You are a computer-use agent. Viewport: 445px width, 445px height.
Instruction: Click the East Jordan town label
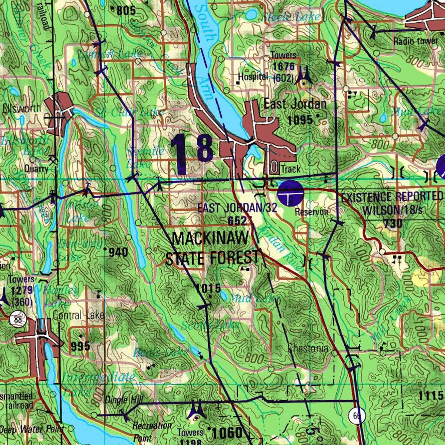(x=295, y=104)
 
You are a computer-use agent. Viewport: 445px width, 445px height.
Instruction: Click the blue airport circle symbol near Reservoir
(x=290, y=193)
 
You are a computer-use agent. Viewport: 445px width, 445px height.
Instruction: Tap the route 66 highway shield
(x=357, y=416)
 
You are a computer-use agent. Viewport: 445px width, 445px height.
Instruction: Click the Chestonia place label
(x=308, y=349)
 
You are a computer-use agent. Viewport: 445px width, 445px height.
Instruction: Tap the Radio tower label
(x=416, y=41)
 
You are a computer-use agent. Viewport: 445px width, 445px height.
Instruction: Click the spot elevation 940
(x=118, y=252)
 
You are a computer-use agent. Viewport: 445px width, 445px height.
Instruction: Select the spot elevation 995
(x=80, y=346)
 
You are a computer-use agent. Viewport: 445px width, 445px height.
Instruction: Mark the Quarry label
(x=36, y=169)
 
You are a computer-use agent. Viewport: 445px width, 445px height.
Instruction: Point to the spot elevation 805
(x=126, y=10)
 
